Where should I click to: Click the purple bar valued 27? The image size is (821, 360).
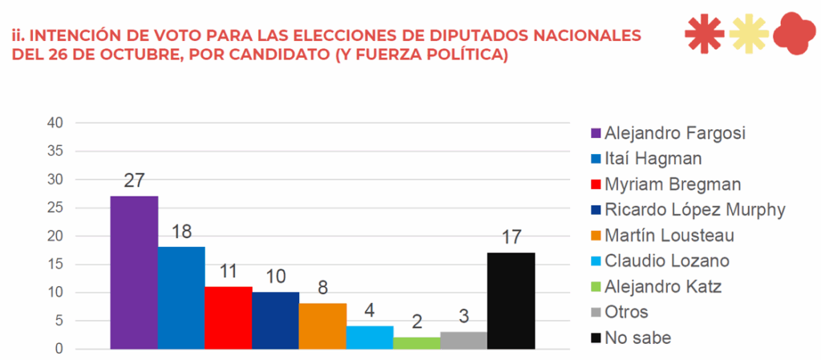(134, 273)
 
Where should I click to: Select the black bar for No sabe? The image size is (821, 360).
(511, 301)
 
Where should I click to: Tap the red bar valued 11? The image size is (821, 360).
(229, 318)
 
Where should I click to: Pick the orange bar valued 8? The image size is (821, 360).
(322, 326)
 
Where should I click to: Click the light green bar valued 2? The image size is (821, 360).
(417, 343)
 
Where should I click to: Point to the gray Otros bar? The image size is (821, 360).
(463, 340)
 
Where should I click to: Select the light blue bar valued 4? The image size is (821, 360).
(370, 338)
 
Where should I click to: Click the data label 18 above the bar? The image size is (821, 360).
(182, 233)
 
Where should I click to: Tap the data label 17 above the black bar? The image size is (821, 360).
(511, 238)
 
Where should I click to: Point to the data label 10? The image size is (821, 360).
(276, 277)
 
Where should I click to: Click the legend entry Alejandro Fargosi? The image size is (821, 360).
(675, 132)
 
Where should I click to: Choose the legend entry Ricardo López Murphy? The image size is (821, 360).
(694, 209)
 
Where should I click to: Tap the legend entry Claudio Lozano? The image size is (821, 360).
(667, 261)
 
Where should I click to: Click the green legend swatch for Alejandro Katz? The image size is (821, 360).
(597, 286)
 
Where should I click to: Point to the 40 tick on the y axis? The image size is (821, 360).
(55, 123)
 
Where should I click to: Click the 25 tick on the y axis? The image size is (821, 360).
(55, 208)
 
